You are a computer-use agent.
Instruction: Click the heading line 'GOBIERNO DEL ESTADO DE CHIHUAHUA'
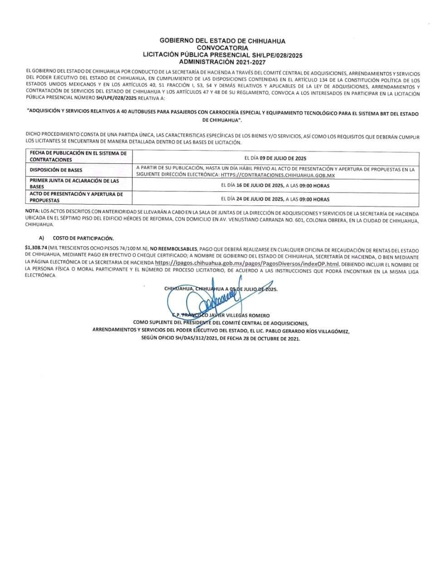pos(222,41)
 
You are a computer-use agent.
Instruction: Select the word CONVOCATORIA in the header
pos(222,48)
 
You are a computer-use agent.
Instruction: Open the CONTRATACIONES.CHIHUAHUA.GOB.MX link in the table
pos(278,175)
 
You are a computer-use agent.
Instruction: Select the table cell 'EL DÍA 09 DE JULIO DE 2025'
pos(275,158)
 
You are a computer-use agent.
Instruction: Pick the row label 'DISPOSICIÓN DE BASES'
pos(56,171)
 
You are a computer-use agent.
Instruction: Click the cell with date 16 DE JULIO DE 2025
pos(275,186)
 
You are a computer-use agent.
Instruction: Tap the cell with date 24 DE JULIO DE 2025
pos(275,199)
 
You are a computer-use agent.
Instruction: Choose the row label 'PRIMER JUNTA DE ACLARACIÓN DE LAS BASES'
pos(74,183)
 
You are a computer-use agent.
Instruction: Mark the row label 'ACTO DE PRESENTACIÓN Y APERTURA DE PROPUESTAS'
pos(76,197)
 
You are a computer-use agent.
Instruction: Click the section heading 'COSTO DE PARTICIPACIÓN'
pos(83,238)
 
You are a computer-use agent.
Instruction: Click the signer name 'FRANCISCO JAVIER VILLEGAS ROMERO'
pos(227,315)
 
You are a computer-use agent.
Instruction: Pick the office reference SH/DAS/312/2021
pos(188,339)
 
